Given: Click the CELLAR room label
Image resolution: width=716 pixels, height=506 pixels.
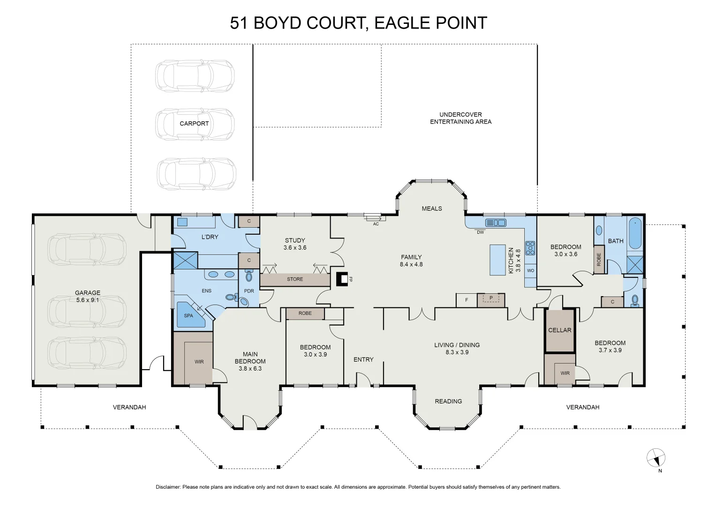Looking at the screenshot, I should click(559, 330).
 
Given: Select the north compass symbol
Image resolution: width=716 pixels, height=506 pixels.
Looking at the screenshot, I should click(656, 458).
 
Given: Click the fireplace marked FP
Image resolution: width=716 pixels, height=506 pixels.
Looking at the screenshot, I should click(343, 279).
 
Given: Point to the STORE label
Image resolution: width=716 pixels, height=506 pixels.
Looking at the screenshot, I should click(294, 279).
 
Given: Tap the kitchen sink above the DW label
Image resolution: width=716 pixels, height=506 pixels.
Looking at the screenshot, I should click(495, 223).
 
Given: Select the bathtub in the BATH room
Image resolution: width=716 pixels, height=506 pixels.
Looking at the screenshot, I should click(634, 233).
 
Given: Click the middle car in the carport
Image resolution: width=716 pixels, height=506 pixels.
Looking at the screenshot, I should click(195, 124).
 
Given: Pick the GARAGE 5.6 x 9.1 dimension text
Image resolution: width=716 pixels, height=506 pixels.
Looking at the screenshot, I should click(88, 300).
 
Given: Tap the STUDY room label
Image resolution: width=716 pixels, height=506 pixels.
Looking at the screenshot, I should click(294, 240).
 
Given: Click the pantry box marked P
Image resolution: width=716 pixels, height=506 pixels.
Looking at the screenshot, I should click(491, 298).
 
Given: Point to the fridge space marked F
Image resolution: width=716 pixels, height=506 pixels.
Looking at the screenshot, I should click(467, 300).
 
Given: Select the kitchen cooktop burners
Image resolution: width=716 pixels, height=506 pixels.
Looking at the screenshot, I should click(530, 248).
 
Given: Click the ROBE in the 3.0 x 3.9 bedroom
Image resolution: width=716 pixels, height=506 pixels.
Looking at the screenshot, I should click(305, 313).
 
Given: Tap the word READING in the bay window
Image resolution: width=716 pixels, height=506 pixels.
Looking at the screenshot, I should click(448, 402).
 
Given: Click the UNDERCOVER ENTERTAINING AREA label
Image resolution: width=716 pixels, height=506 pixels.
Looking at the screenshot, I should click(460, 118).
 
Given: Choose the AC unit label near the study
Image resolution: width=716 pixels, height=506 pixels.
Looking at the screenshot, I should click(376, 224).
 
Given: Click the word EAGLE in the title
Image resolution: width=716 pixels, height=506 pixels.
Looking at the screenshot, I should click(402, 23).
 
